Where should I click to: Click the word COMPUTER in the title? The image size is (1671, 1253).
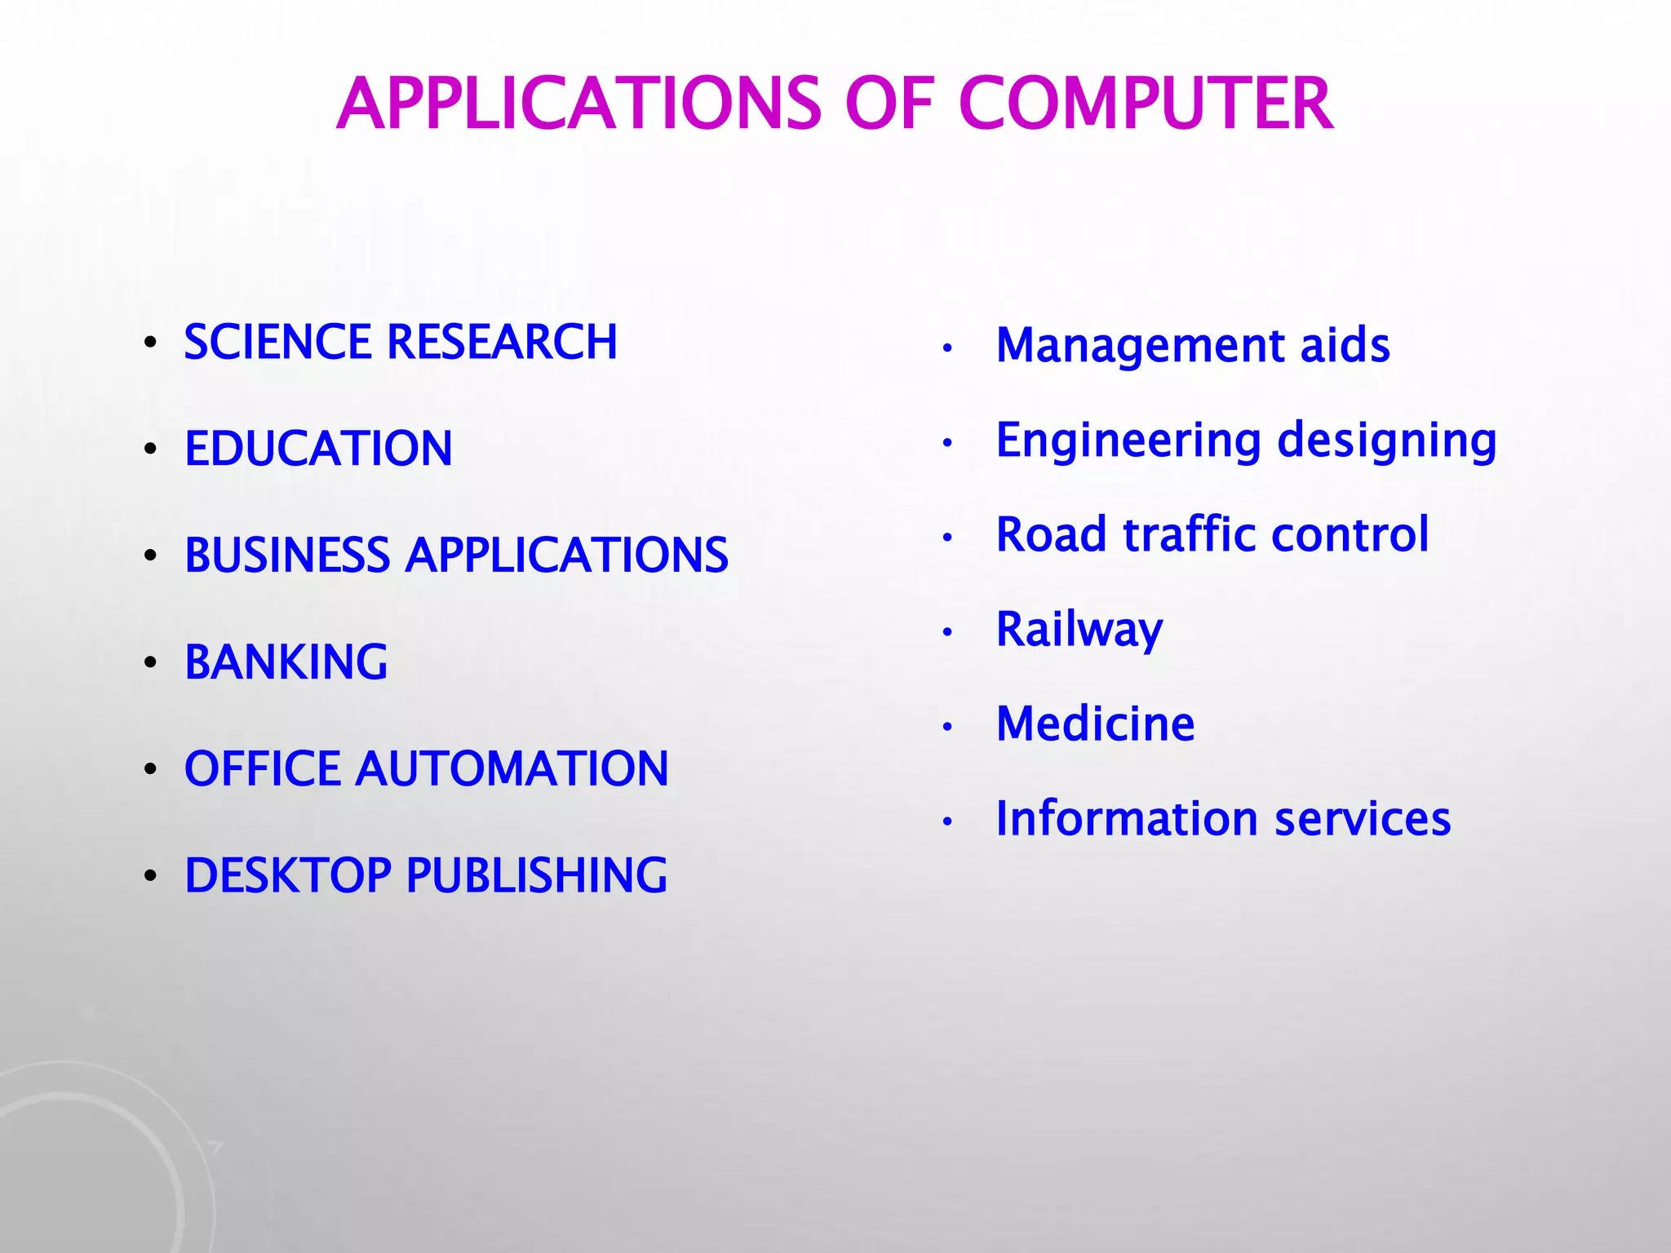point(1146,104)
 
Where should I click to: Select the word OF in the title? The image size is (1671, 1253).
point(889,104)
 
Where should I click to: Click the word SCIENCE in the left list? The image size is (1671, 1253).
point(277,342)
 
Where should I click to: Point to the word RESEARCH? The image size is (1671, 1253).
point(502,342)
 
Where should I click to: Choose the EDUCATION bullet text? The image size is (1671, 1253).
point(318,449)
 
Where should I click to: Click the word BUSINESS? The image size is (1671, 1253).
point(287,556)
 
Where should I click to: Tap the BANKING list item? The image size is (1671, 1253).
point(286,662)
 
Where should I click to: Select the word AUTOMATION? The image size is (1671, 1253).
point(512,768)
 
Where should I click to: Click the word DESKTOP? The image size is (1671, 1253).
point(288,875)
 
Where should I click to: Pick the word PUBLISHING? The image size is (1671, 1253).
point(536,875)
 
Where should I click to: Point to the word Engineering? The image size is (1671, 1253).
point(1129,441)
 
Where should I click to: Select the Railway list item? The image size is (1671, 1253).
point(1079,630)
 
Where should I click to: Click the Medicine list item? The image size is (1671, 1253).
point(1095,724)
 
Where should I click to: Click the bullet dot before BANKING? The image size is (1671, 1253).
point(149,662)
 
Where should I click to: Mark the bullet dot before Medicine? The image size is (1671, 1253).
point(947,726)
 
